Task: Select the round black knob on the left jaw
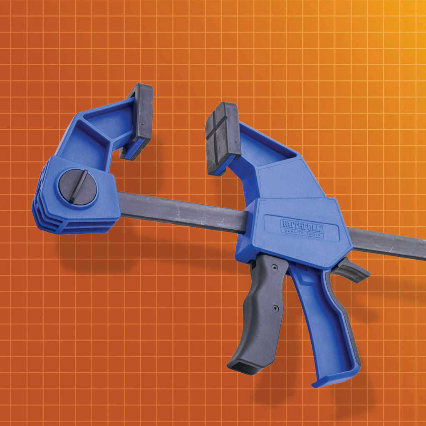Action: coord(77,187)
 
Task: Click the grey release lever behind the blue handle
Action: coord(352,270)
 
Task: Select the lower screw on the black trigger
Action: coord(275,308)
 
